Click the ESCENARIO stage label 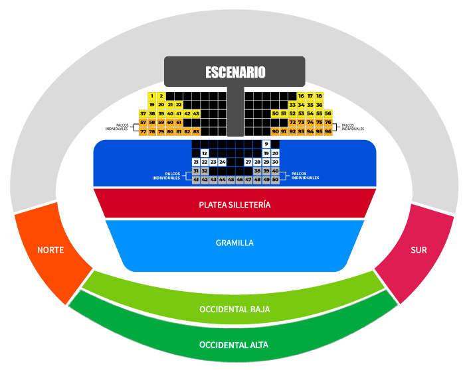pyautogui.click(x=235, y=72)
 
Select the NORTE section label pyautogui.click(x=50, y=250)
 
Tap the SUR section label pyautogui.click(x=418, y=250)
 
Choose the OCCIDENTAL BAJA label pyautogui.click(x=234, y=310)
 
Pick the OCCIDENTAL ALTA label pyautogui.click(x=234, y=345)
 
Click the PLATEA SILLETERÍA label pyautogui.click(x=234, y=205)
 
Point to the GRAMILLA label pyautogui.click(x=234, y=243)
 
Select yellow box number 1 pyautogui.click(x=152, y=96)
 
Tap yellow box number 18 pyautogui.click(x=319, y=96)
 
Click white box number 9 pyautogui.click(x=266, y=144)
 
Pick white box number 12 pyautogui.click(x=205, y=153)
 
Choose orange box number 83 pyautogui.click(x=196, y=131)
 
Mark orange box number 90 pyautogui.click(x=275, y=131)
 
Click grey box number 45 pyautogui.click(x=231, y=180)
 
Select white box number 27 pyautogui.click(x=248, y=162)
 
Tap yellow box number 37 pyautogui.click(x=143, y=114)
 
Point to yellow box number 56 pyautogui.click(x=327, y=114)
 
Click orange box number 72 pyautogui.click(x=292, y=123)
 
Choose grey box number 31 pyautogui.click(x=196, y=171)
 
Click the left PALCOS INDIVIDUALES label pyautogui.click(x=166, y=176)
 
